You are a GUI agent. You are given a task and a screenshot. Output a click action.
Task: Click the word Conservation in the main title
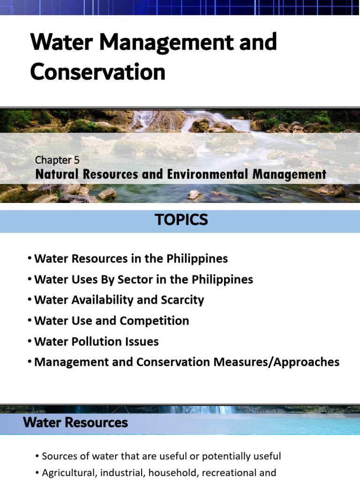click(97, 72)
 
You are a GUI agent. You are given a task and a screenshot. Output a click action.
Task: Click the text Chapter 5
click(57, 160)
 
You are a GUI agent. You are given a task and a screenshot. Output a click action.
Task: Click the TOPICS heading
click(182, 220)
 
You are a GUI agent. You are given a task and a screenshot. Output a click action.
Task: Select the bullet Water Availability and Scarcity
click(119, 300)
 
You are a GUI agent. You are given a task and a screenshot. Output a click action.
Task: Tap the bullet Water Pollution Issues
click(97, 341)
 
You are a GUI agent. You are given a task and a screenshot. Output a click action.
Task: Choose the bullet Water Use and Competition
click(112, 321)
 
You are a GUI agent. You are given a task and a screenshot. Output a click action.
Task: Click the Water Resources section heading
click(75, 422)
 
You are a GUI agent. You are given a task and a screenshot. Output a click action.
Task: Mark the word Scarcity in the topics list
click(182, 300)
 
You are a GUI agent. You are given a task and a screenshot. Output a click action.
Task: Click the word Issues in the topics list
click(143, 341)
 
